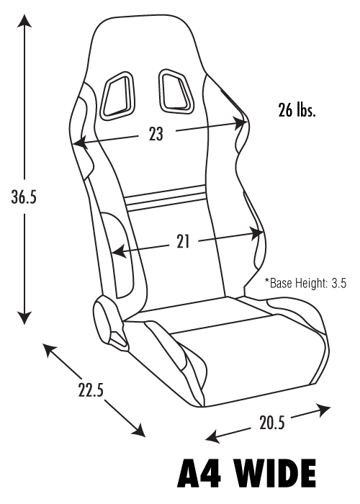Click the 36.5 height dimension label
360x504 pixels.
point(24,197)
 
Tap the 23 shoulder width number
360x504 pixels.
point(156,134)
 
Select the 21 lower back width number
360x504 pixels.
point(183,241)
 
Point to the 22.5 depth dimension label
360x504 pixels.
point(91,389)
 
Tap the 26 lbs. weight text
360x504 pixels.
point(297,110)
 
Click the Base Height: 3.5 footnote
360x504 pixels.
point(305,283)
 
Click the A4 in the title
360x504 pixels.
point(199,478)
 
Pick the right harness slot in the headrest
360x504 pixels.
point(175,91)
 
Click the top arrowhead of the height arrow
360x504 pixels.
point(24,21)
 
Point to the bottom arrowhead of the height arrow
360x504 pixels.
point(24,317)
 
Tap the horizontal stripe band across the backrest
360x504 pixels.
point(166,198)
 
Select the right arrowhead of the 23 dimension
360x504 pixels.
point(240,122)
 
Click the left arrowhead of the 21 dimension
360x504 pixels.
point(119,251)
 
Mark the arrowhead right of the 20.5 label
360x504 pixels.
point(323,410)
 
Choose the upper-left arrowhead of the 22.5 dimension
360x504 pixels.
point(50,349)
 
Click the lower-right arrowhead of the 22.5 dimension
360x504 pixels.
point(138,430)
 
